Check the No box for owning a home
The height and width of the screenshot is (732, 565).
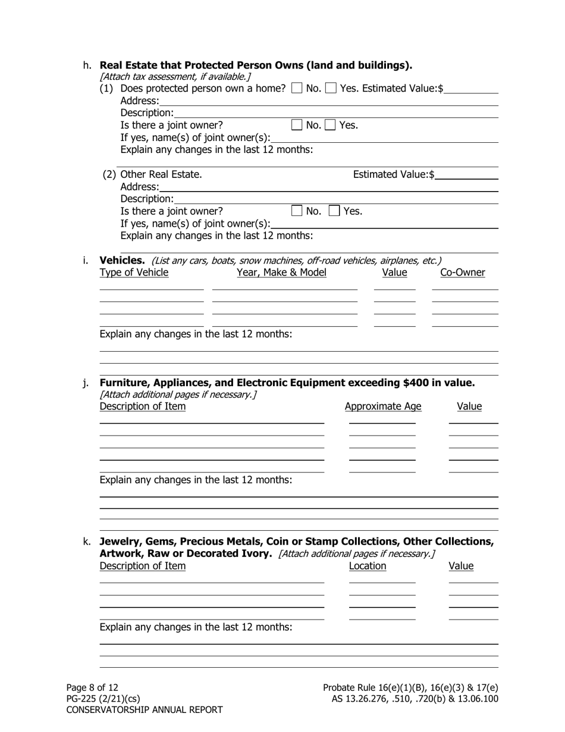[297, 89]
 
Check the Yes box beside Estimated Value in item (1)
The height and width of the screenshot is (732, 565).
[331, 89]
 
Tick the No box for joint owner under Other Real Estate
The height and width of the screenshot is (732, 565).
[297, 211]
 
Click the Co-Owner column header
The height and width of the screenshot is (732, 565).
[462, 273]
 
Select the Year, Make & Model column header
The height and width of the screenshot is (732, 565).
[281, 273]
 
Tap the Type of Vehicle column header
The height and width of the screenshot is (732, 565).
[134, 273]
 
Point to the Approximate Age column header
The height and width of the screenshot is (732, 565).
[382, 406]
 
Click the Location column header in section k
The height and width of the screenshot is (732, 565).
[367, 566]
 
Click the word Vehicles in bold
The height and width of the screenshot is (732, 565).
[122, 260]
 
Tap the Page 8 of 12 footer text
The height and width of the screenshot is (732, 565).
[92, 687]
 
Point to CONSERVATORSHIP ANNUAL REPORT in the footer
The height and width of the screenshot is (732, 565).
[145, 709]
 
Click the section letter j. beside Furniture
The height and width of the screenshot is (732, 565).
[86, 382]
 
